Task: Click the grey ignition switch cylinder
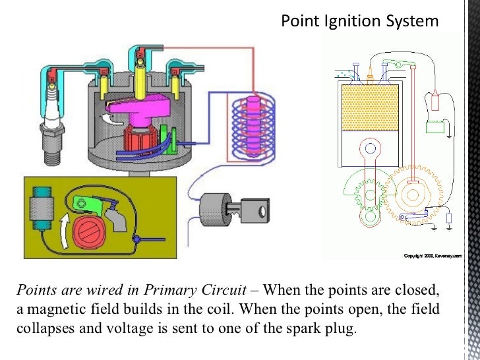pyautogui.click(x=215, y=212)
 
